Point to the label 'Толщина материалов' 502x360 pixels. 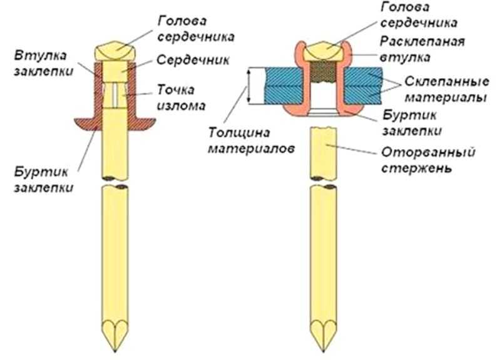[x=249, y=140]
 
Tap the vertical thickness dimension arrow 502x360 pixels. [x=250, y=86]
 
